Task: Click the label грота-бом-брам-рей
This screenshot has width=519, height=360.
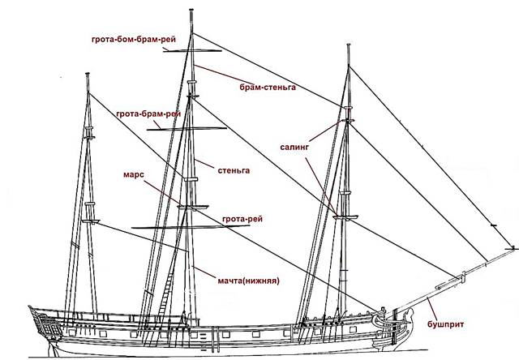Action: coord(134,40)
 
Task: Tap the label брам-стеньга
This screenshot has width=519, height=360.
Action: coord(268,88)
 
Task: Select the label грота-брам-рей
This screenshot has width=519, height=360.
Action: coord(148,114)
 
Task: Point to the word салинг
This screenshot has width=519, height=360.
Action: coord(294,147)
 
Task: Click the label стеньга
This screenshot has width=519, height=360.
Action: coord(234,170)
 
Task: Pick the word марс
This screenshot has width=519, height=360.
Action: coord(134,174)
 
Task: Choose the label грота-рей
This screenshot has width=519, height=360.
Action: coord(242,219)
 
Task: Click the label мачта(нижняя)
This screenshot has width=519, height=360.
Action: coord(249,281)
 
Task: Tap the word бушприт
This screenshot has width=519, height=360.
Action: coord(445,324)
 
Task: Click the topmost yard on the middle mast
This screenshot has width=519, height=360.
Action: coord(192,50)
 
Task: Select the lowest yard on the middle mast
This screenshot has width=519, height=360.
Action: coord(191,227)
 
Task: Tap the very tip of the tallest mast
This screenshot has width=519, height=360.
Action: coord(191,10)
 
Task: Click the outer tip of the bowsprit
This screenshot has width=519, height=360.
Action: coord(515,248)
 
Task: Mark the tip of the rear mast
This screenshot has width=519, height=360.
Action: coord(88,74)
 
